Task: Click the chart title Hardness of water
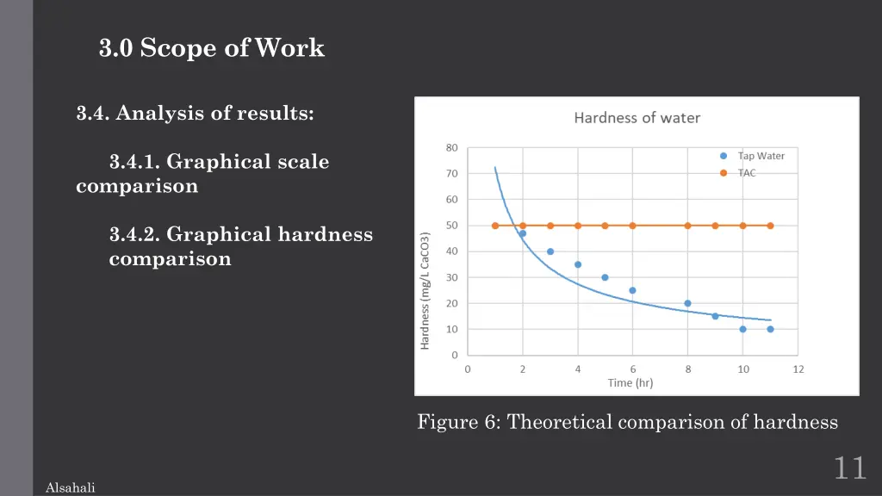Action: (x=637, y=118)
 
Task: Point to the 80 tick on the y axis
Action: (x=452, y=147)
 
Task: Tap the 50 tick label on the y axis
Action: (x=452, y=226)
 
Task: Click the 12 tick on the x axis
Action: (x=798, y=369)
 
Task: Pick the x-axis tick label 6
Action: (x=632, y=369)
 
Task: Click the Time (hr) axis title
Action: (x=630, y=383)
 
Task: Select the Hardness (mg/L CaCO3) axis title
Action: (x=425, y=290)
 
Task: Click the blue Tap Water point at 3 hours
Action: (x=550, y=251)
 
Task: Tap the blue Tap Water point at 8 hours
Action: (x=687, y=303)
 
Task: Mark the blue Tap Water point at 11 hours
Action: (x=770, y=329)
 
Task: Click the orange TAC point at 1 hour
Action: (x=495, y=226)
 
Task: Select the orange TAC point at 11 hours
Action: (x=770, y=226)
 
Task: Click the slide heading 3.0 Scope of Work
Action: (x=212, y=48)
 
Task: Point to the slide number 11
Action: (x=849, y=468)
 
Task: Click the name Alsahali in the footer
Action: (x=70, y=488)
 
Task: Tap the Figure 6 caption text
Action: (x=627, y=422)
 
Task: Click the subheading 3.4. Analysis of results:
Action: (x=195, y=113)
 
